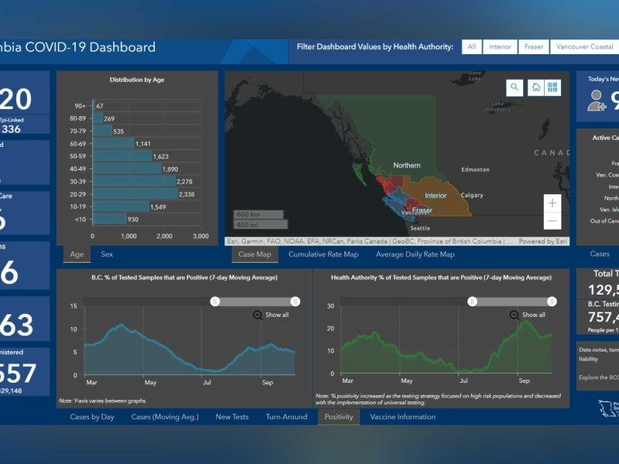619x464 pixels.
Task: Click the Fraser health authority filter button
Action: coord(533,47)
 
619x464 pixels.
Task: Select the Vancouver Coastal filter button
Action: coord(585,47)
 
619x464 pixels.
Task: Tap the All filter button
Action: coord(471,47)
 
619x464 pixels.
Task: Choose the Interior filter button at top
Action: coord(500,47)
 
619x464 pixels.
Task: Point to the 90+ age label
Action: coord(80,106)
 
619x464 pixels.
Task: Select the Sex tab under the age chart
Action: coord(107,254)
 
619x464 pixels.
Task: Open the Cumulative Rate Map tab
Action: coord(323,254)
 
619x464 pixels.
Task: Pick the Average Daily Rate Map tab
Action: coord(415,254)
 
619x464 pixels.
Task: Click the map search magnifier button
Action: coord(515,87)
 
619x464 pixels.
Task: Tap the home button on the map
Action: coord(535,87)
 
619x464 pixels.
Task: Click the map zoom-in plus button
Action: coord(552,203)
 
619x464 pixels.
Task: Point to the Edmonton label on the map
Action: coord(475,169)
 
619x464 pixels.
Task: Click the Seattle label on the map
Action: coord(420,228)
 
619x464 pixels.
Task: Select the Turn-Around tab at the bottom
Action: coord(286,417)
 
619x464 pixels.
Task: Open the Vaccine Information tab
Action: coord(402,417)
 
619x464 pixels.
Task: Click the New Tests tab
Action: coord(231,417)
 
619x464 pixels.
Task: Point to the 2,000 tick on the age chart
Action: coord(164,236)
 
